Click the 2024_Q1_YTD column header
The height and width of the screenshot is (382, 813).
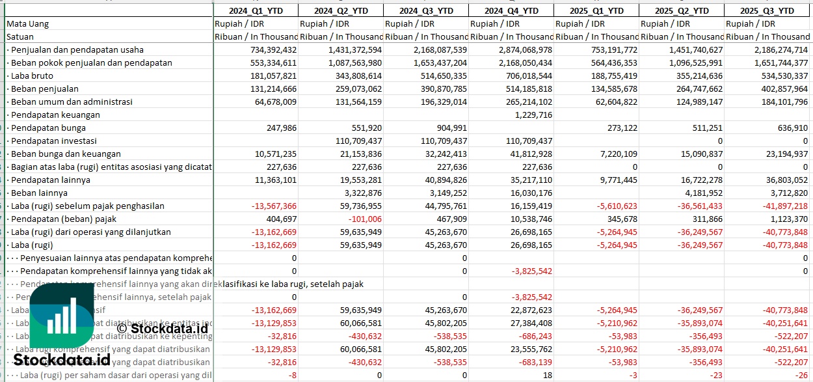coord(256,10)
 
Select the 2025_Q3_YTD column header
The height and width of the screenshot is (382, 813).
coord(769,10)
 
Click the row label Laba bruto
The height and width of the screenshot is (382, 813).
coord(33,75)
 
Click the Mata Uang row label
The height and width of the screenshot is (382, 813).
coord(28,23)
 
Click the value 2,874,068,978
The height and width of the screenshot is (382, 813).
coord(524,49)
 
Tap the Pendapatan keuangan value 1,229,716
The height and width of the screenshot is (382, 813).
coord(533,115)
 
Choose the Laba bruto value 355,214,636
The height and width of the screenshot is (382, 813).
coord(693,75)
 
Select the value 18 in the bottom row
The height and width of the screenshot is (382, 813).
coord(547,375)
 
